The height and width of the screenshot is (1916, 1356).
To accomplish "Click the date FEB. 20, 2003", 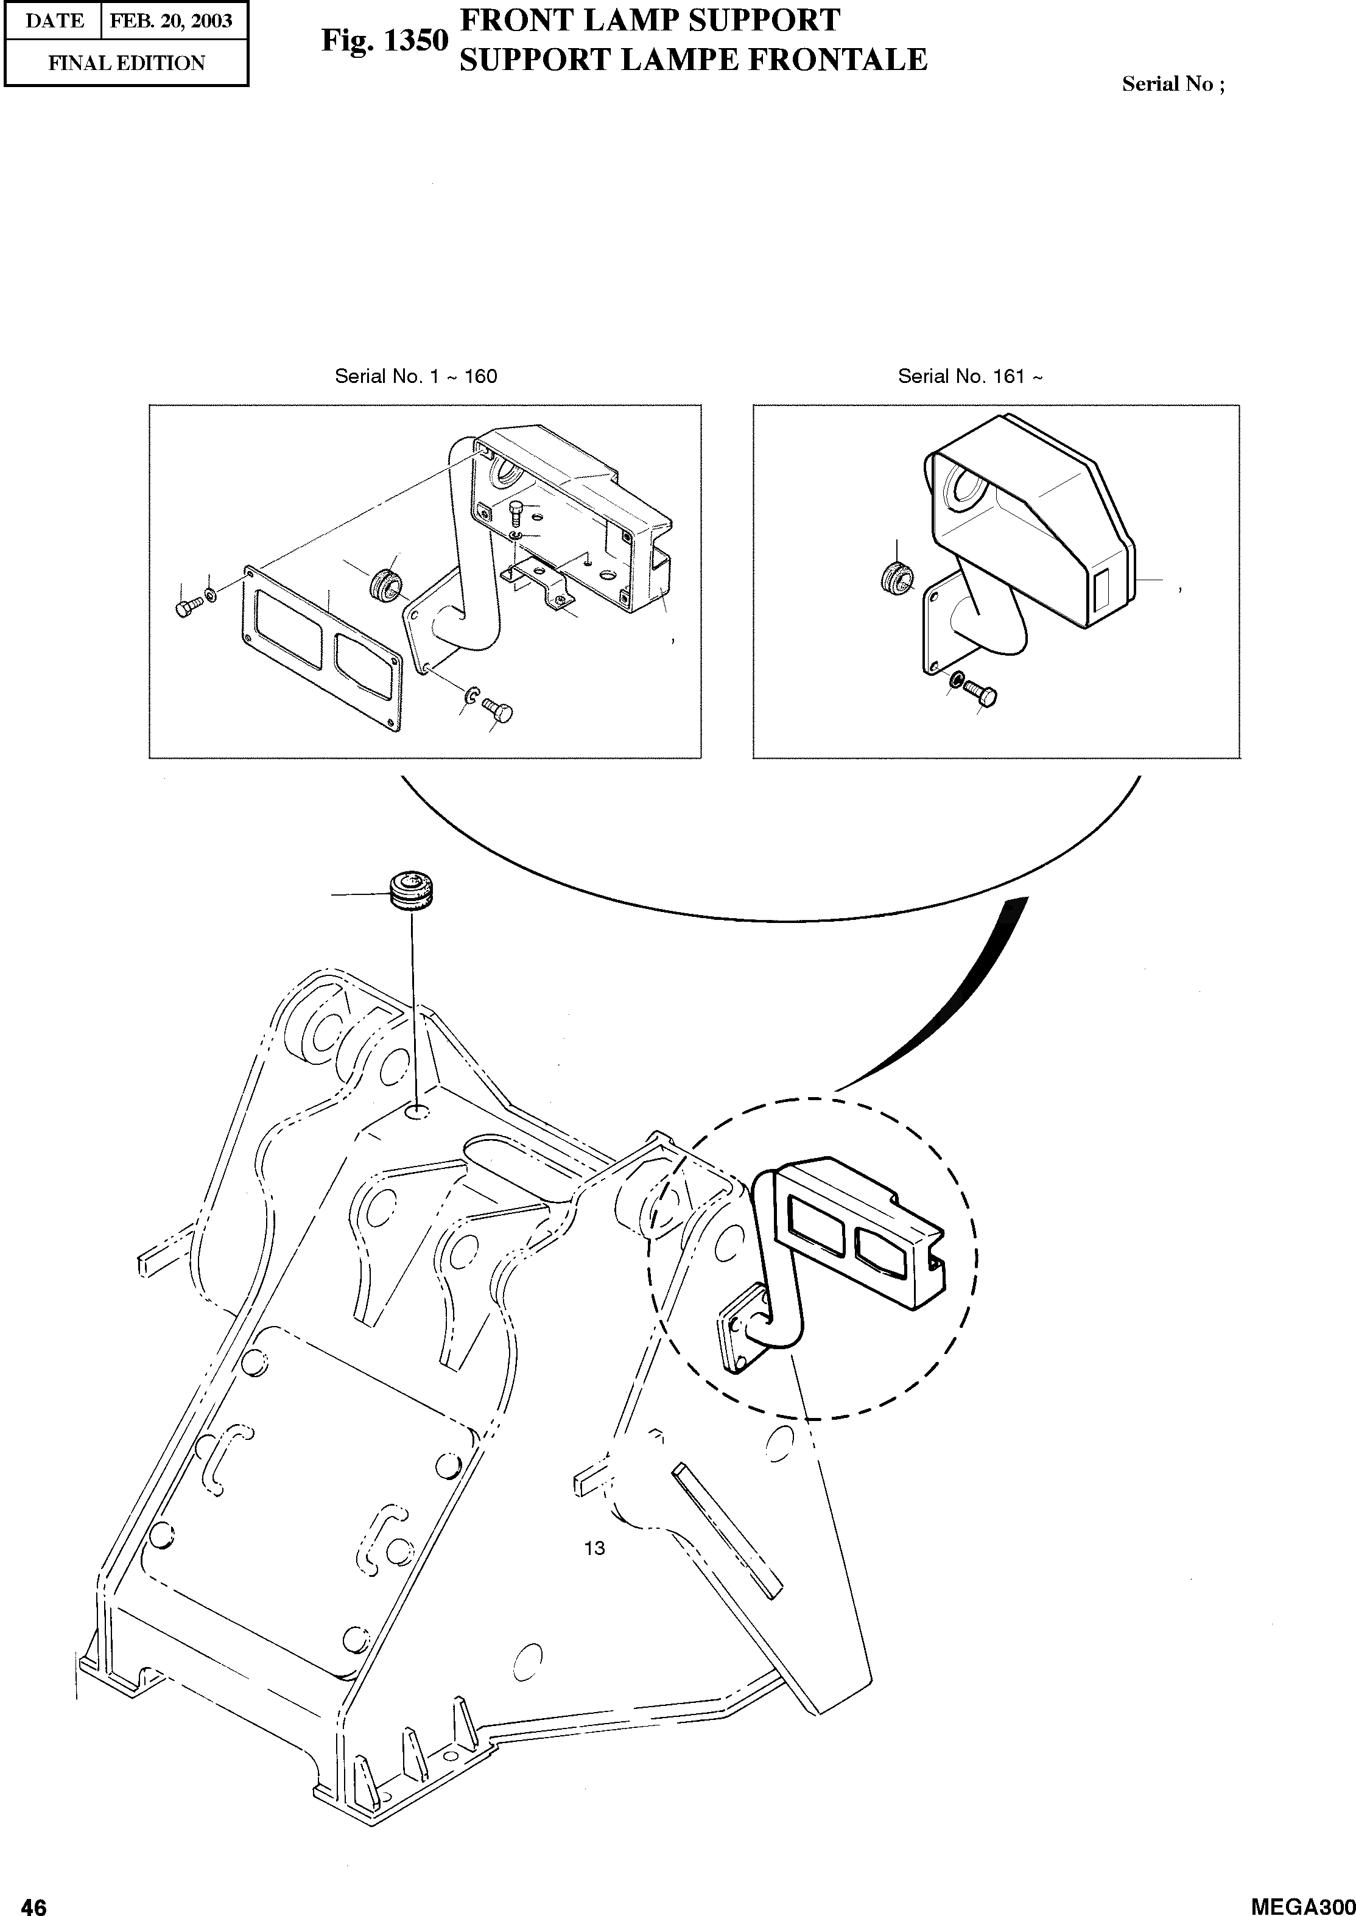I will point(171,21).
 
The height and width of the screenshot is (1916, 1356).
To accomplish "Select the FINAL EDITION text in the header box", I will point(126,63).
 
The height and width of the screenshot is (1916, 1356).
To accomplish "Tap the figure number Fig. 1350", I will point(385,40).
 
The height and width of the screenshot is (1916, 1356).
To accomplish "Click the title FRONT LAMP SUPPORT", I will point(650,20).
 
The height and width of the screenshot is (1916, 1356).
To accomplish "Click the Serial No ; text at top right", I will point(1172,83).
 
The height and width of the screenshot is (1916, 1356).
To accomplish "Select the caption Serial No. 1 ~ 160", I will point(416,376).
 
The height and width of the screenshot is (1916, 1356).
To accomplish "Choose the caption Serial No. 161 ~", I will point(969,376).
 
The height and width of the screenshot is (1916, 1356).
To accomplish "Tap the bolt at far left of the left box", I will point(187,608).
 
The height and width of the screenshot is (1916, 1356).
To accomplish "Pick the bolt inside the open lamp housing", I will point(515,512).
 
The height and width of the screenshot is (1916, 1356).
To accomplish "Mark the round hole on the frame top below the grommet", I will point(416,1113).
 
